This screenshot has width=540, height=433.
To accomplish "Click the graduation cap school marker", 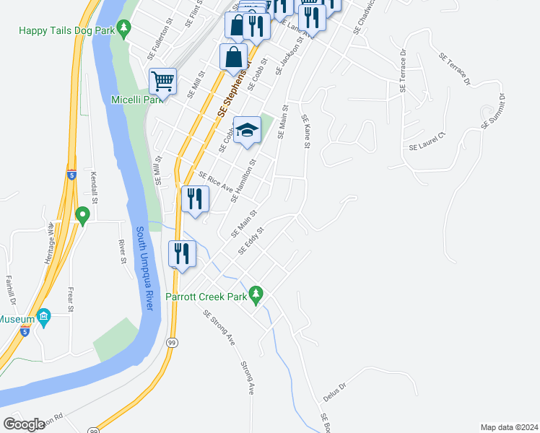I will pos(247,130).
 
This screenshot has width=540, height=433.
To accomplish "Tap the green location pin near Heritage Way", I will pos(82,214).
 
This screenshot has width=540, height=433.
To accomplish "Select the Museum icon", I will pos(44,318).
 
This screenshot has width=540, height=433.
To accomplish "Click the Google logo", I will pos(25,424).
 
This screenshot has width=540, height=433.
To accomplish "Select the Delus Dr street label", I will pos(335,393).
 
